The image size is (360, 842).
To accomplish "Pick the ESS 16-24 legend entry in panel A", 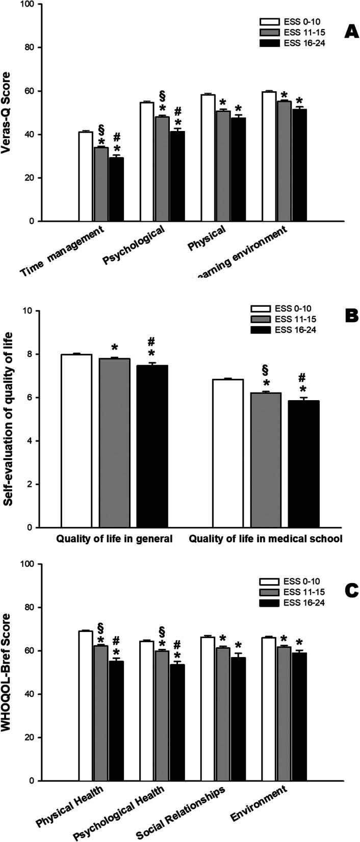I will click(292, 43).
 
